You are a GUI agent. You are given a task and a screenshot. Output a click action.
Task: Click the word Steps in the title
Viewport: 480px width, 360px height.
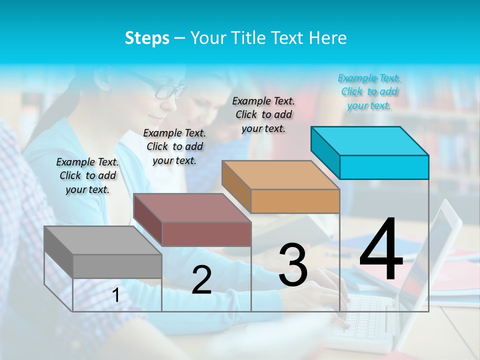[147, 38]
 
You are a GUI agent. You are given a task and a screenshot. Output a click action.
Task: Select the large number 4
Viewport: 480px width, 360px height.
[381, 250]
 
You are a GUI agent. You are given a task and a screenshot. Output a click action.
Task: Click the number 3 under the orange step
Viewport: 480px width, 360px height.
[292, 265]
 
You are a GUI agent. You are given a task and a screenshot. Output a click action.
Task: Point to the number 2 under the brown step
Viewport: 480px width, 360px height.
[201, 280]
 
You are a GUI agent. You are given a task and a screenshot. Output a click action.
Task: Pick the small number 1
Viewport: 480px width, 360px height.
[116, 295]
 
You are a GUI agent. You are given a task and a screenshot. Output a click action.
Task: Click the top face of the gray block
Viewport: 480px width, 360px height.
[103, 240]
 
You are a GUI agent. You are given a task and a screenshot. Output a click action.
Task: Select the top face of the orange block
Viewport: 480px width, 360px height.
[280, 175]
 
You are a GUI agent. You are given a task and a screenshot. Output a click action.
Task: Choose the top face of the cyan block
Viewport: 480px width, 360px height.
[369, 141]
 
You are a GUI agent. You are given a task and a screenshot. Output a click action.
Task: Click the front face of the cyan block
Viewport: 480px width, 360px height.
[384, 167]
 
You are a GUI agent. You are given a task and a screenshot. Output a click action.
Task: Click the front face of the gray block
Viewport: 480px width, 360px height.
[117, 266]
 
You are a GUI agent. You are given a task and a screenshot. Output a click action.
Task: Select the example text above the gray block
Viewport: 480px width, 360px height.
[87, 175]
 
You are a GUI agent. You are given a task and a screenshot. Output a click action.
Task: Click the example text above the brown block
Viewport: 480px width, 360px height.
[174, 146]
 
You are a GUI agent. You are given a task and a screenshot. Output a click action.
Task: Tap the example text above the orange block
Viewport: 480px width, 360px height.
[263, 114]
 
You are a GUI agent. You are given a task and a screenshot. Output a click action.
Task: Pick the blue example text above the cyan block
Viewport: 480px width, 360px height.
[369, 91]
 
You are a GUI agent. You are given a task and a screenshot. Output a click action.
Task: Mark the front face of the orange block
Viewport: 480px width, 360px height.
[295, 201]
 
